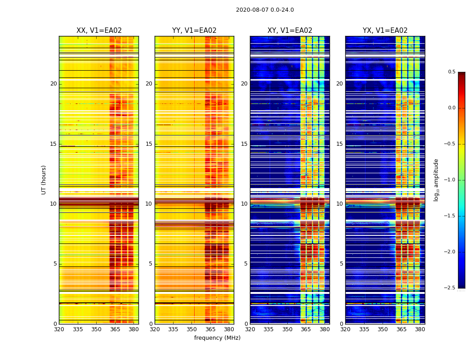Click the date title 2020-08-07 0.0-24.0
(x=265, y=10)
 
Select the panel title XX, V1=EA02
(x=99, y=31)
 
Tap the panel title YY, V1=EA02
(x=194, y=31)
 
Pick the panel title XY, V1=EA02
(x=289, y=31)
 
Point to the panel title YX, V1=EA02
(x=385, y=31)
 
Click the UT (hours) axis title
(x=44, y=180)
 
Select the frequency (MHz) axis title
(x=217, y=338)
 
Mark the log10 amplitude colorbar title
(x=436, y=180)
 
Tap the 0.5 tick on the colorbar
(x=451, y=72)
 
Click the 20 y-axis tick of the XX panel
(x=53, y=84)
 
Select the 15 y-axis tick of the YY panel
(x=149, y=144)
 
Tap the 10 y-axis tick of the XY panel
(x=244, y=204)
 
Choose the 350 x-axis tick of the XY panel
(x=287, y=329)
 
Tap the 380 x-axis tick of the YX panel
(x=420, y=329)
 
